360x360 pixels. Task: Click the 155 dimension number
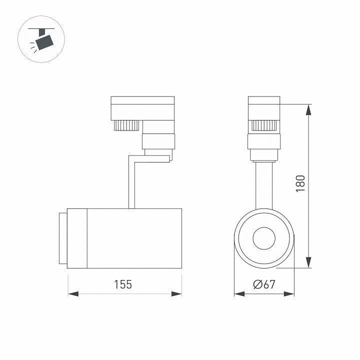pyautogui.click(x=122, y=284)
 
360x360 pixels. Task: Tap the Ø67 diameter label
pyautogui.click(x=264, y=284)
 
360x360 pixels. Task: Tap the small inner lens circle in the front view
pyautogui.click(x=264, y=238)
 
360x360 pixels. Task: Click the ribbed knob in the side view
pyautogui.click(x=128, y=124)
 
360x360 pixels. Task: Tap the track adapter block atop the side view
pyautogui.click(x=142, y=107)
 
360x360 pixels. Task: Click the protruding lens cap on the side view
pyautogui.click(x=61, y=238)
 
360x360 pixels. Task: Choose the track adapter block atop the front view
pyautogui.click(x=264, y=107)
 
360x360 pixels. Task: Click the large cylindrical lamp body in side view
pyautogui.click(x=134, y=238)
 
